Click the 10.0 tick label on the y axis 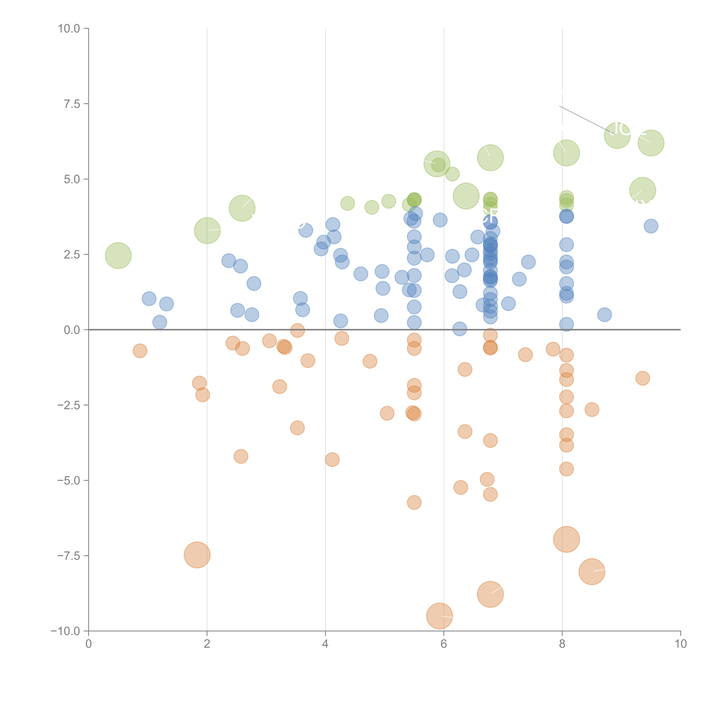69,29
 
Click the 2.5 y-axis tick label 72,255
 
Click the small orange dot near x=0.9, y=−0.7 140,351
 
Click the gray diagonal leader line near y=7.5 584,118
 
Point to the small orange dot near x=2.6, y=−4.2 241,456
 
